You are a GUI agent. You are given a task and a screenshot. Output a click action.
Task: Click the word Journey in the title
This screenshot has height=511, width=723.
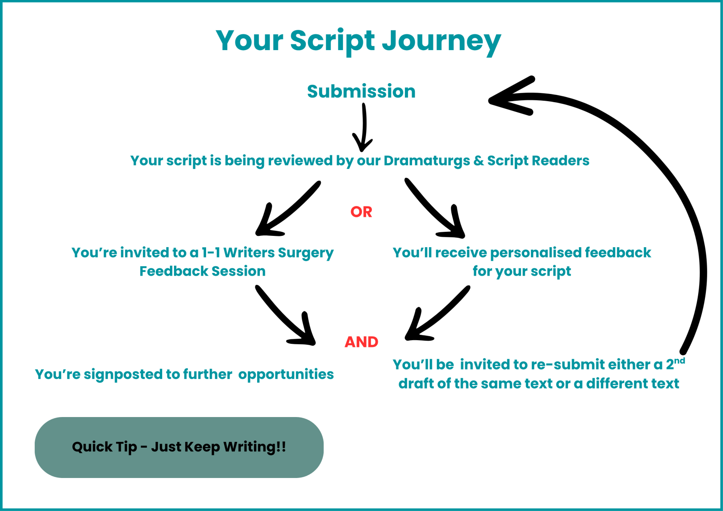[x=441, y=41]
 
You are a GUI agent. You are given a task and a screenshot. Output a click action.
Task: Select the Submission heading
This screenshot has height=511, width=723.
[x=361, y=91]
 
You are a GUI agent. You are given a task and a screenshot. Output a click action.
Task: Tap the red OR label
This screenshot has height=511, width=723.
[x=361, y=212]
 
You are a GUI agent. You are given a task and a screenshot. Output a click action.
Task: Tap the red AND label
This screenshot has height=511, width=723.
[x=361, y=342]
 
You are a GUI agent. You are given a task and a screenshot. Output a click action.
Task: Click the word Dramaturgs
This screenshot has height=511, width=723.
[x=427, y=161]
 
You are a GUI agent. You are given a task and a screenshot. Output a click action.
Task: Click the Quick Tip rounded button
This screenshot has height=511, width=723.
[x=179, y=447]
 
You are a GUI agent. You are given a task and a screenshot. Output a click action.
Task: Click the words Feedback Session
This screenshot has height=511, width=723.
[x=202, y=271]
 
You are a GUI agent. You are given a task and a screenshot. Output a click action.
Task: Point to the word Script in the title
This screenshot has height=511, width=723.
[x=332, y=41]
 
